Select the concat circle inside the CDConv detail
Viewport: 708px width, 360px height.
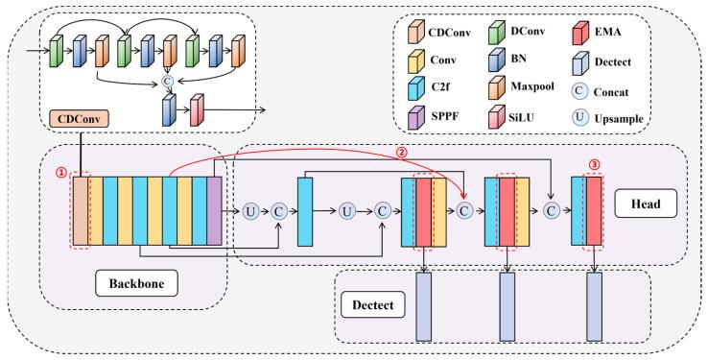(x=170, y=82)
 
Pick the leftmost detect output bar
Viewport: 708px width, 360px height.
(x=424, y=306)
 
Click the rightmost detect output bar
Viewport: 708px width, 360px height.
(x=594, y=306)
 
